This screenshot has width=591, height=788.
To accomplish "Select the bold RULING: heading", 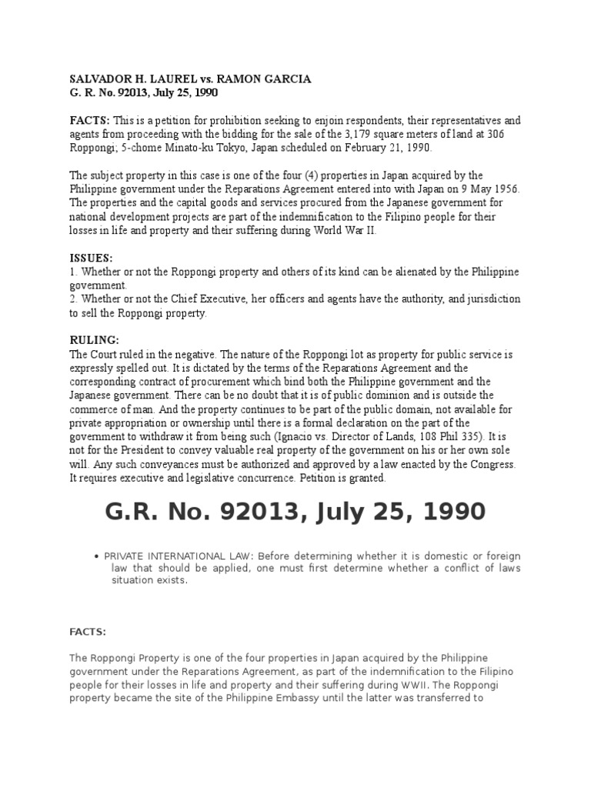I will point(94,340).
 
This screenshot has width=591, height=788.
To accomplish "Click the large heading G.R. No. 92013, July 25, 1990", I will point(295,511).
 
